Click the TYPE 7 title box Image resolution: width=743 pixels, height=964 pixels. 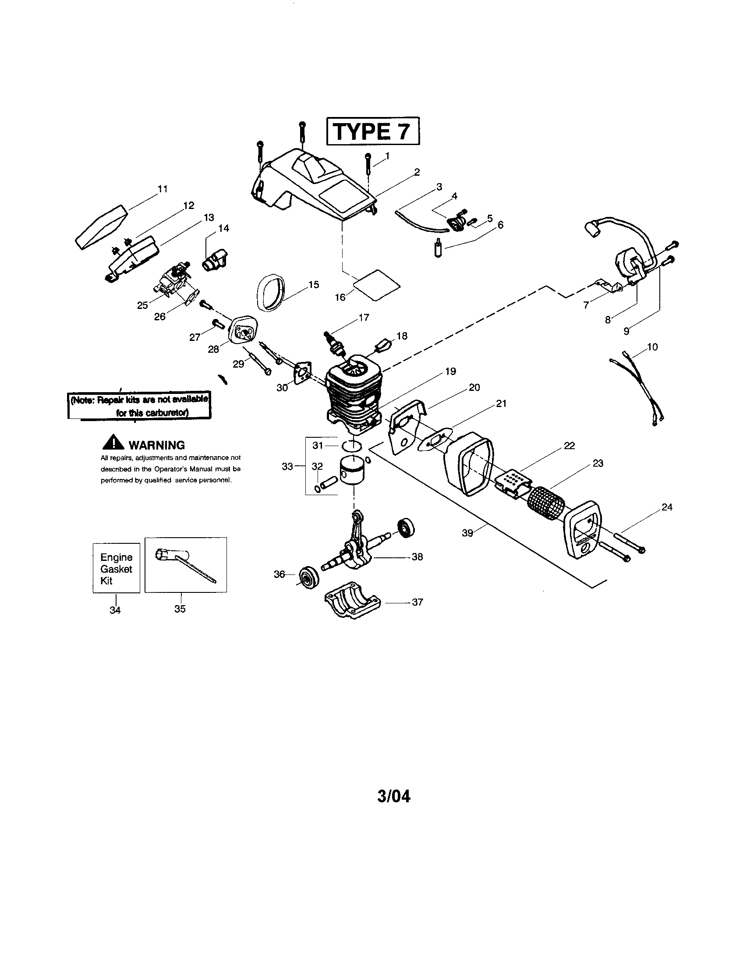pos(373,131)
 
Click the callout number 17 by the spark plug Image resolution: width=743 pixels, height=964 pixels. pos(364,317)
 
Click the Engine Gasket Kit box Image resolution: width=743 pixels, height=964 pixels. pos(116,568)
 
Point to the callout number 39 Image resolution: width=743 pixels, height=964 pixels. pos(467,533)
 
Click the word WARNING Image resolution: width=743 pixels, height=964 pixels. pos(156,445)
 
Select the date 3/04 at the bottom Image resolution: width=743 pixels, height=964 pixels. pos(393,796)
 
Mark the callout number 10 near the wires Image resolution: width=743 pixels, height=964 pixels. pos(652,347)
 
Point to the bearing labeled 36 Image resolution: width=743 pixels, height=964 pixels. pos(305,576)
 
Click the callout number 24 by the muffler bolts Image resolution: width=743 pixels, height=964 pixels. pos(667,507)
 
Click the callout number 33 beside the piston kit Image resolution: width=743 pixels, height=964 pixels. pos(287,466)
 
